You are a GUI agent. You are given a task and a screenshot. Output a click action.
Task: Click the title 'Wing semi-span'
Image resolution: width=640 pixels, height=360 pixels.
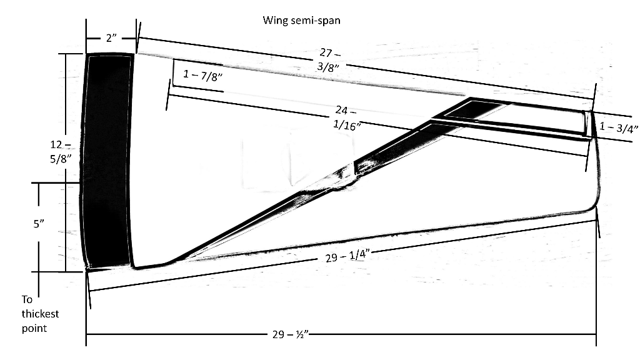[301, 19]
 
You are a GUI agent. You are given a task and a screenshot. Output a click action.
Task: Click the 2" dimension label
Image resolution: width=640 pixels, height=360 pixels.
[111, 38]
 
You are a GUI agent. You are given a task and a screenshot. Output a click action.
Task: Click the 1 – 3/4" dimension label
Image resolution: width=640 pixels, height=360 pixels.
[617, 127]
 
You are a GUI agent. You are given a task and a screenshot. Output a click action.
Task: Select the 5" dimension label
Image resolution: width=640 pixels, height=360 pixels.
[39, 225]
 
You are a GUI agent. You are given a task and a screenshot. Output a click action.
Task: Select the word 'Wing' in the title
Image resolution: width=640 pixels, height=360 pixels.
[274, 19]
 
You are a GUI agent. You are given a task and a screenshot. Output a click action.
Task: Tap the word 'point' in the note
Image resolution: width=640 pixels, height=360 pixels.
[34, 327]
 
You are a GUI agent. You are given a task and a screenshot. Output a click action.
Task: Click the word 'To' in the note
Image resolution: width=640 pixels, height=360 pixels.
[27, 299]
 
